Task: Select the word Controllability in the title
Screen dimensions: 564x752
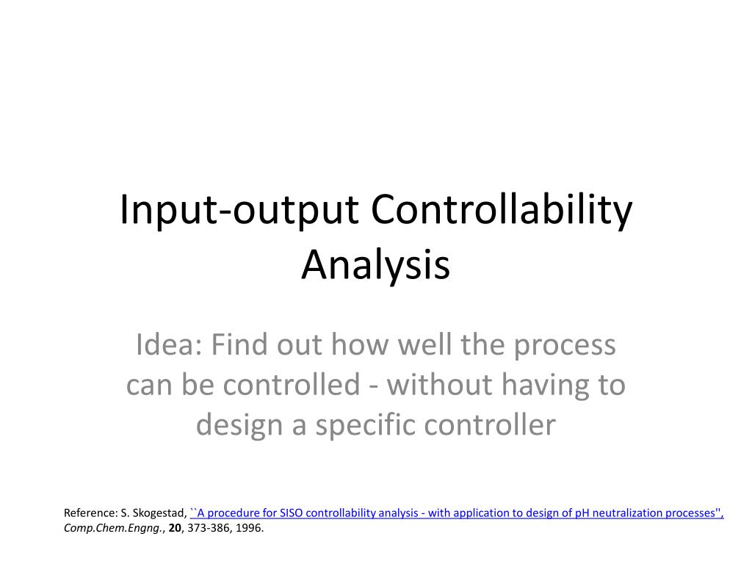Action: point(501,211)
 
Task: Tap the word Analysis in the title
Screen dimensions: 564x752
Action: point(375,265)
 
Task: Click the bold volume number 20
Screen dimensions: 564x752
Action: point(175,527)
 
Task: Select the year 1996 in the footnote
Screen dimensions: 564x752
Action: point(248,527)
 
